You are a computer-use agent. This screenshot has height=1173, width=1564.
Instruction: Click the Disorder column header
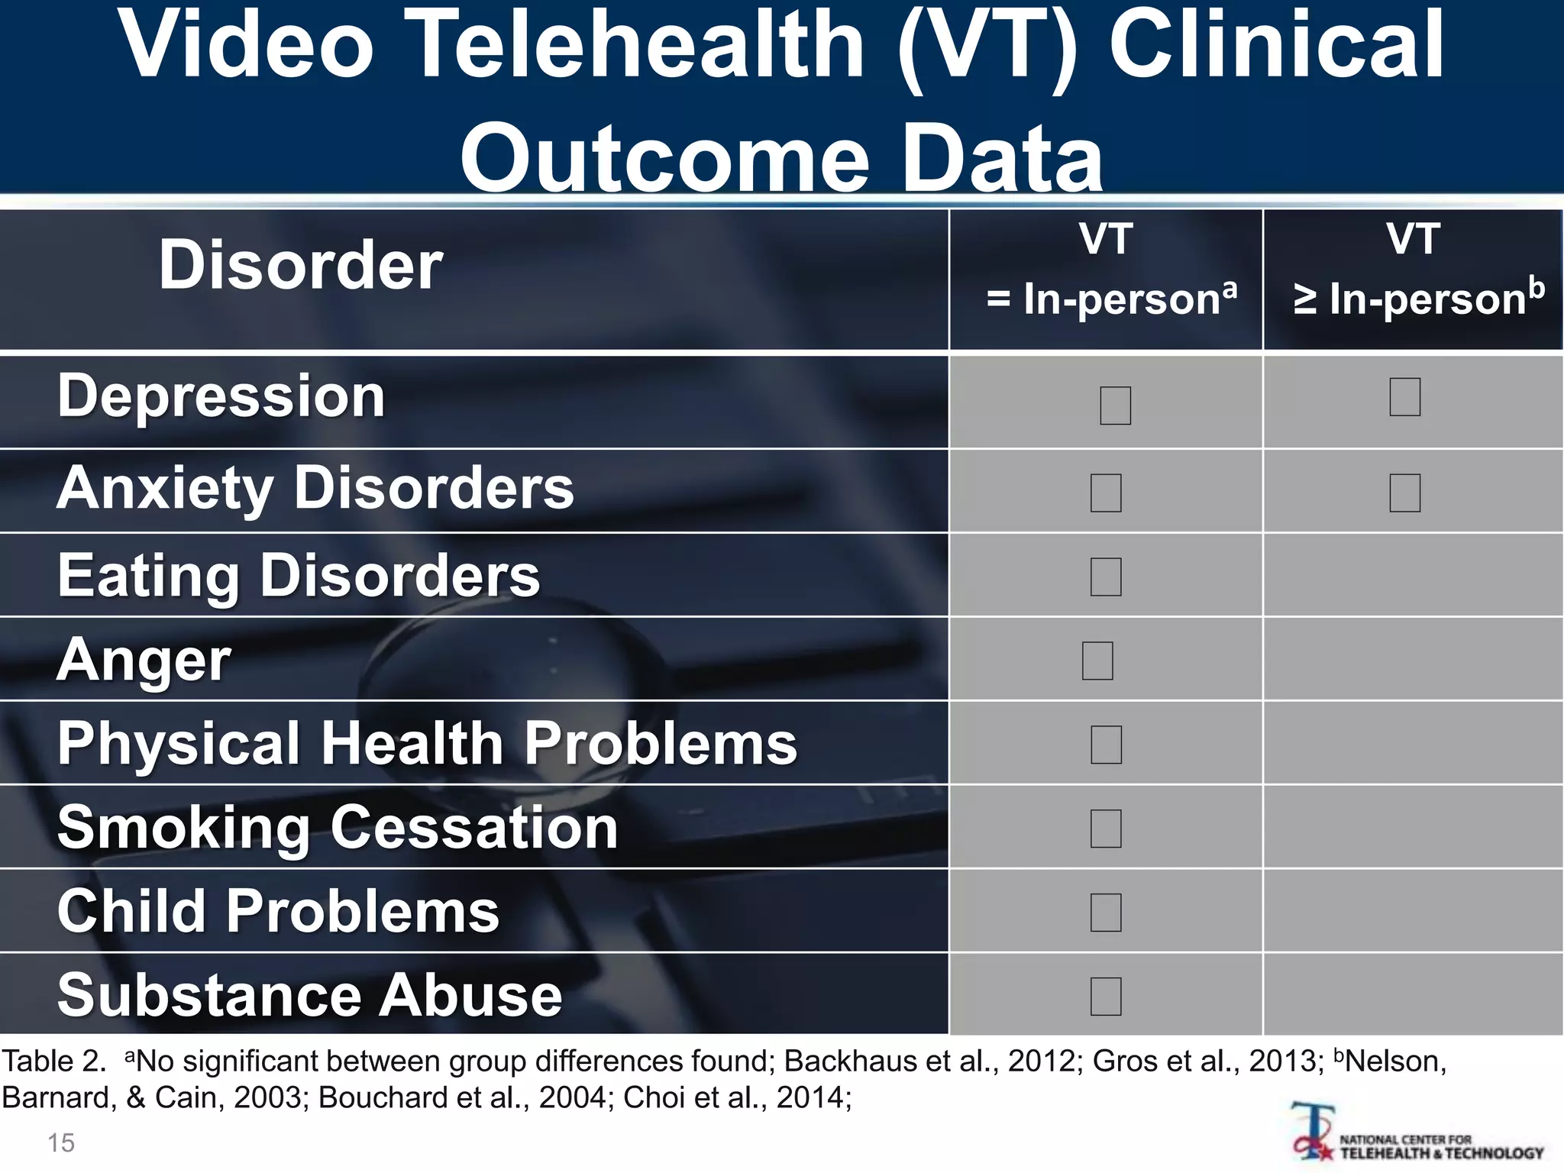pyautogui.click(x=301, y=265)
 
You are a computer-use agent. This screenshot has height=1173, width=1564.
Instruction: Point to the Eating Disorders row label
pyautogui.click(x=299, y=575)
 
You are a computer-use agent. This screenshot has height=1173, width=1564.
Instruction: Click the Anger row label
pyautogui.click(x=144, y=660)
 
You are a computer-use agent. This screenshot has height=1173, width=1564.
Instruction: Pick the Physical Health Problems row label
pyautogui.click(x=428, y=743)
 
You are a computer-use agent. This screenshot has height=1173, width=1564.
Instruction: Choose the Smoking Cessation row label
pyautogui.click(x=338, y=827)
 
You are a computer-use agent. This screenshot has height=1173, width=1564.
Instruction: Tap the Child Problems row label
pyautogui.click(x=279, y=911)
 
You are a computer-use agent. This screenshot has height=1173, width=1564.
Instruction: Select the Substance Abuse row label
pyautogui.click(x=310, y=995)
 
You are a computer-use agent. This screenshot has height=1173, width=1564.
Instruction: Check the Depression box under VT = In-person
pyautogui.click(x=1115, y=406)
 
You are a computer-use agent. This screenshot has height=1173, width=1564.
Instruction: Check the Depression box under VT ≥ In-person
pyautogui.click(x=1405, y=397)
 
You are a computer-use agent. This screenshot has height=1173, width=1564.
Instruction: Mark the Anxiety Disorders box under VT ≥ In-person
pyautogui.click(x=1405, y=493)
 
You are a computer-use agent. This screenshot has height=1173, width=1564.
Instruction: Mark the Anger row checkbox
pyautogui.click(x=1097, y=661)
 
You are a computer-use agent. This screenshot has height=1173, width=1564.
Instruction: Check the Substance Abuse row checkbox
pyautogui.click(x=1106, y=997)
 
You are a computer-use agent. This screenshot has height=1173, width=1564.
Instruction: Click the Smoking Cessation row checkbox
pyautogui.click(x=1106, y=829)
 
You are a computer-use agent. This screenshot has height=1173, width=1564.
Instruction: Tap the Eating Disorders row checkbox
pyautogui.click(x=1106, y=577)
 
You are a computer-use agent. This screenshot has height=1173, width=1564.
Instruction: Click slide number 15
pyautogui.click(x=61, y=1143)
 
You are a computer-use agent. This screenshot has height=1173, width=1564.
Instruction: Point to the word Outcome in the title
pyautogui.click(x=664, y=159)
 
